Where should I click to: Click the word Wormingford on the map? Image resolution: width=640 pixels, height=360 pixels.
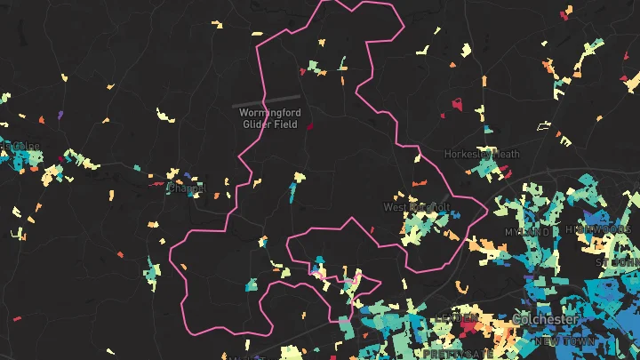(x=271, y=113)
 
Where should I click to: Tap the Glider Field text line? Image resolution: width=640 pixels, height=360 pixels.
(x=271, y=124)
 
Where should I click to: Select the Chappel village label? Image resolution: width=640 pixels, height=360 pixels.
(x=187, y=188)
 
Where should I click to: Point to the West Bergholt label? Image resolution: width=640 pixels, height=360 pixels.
(x=417, y=207)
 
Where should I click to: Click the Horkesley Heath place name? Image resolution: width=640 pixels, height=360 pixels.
(x=482, y=154)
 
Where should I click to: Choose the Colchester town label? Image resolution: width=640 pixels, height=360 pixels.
(x=545, y=319)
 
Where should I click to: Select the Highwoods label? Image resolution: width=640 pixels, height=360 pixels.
(x=602, y=229)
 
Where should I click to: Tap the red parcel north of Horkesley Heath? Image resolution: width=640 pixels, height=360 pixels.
(x=458, y=104)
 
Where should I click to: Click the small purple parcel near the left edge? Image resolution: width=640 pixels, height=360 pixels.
(x=60, y=114)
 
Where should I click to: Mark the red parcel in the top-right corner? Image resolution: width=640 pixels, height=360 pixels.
(x=565, y=13)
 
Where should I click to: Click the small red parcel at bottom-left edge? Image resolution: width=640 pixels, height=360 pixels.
(x=17, y=317)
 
